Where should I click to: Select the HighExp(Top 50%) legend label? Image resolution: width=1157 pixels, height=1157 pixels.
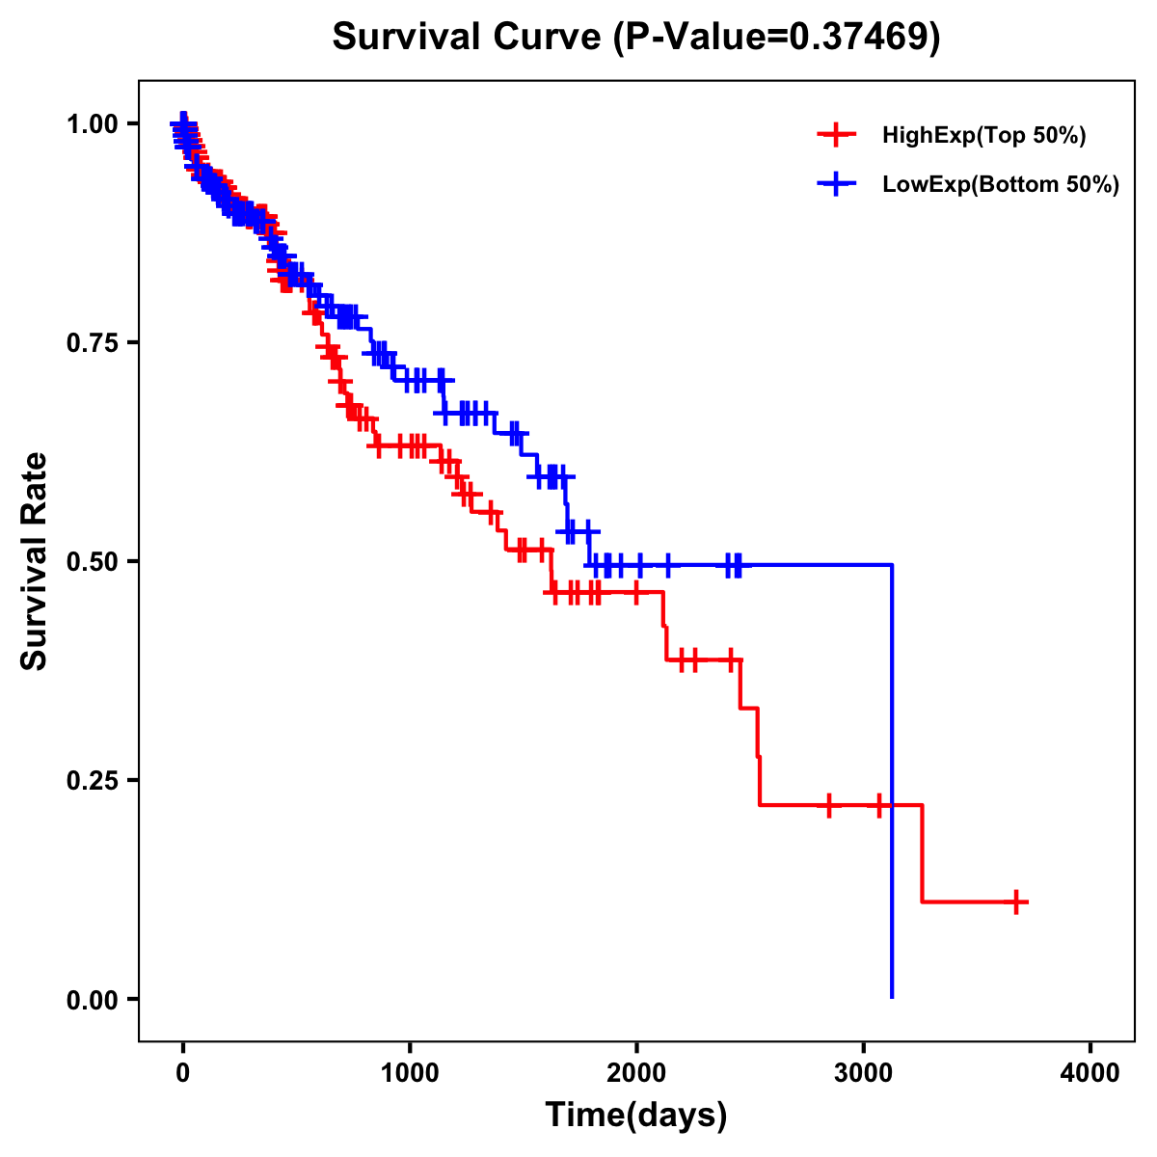983,136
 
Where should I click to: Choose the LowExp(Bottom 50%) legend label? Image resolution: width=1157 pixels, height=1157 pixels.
1001,185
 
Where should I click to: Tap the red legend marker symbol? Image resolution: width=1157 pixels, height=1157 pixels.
836,135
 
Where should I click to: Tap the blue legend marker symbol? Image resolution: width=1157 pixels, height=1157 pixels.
836,184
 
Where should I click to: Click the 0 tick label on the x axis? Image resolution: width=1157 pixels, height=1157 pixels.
183,1073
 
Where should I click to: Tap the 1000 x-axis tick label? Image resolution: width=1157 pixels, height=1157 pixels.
410,1073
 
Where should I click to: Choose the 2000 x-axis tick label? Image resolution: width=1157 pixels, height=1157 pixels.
636,1073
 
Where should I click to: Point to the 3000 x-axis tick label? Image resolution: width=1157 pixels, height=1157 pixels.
864,1073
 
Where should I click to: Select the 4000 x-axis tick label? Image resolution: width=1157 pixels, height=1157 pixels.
1090,1073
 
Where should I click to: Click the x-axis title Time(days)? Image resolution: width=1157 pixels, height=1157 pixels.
636,1116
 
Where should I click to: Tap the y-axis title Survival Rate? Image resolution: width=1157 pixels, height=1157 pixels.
35,561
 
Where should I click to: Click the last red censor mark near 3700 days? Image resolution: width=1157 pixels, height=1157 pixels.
1016,901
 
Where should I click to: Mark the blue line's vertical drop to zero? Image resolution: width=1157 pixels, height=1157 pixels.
892,781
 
